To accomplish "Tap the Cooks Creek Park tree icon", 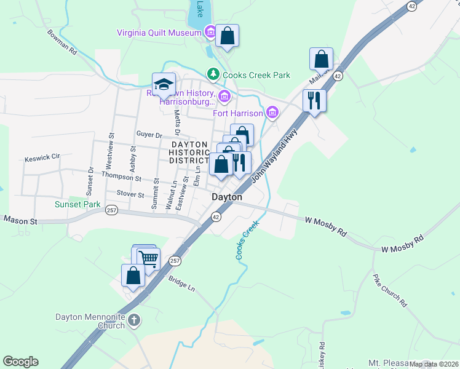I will click(213, 75).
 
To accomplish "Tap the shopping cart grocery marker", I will click(148, 257).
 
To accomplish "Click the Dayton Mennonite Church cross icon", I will click(135, 320).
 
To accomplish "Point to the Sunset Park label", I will click(77, 204).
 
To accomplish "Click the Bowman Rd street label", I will click(61, 42).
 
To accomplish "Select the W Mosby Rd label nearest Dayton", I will click(326, 226).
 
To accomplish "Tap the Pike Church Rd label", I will click(390, 290).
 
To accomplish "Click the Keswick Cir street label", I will click(42, 158).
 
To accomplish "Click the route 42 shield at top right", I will click(411, 5).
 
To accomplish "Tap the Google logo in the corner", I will click(20, 362).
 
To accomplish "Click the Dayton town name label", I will click(227, 197).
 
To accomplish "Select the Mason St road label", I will click(21, 220).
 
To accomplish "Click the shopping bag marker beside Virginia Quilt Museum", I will click(227, 36).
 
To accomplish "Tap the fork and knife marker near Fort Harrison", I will click(314, 100).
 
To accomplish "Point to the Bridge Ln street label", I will click(181, 284).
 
